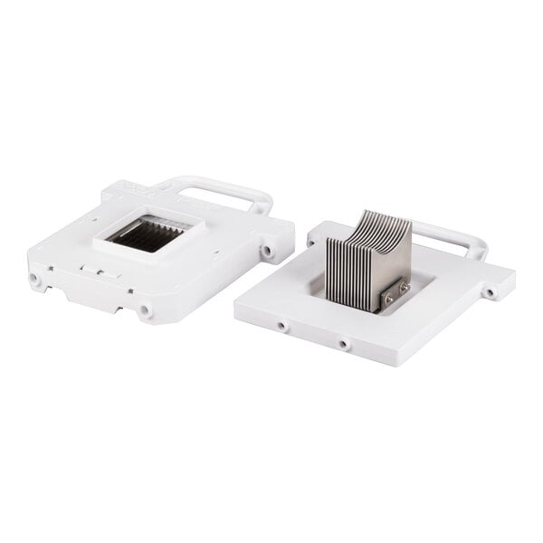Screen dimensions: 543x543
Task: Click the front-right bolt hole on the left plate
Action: [145, 311]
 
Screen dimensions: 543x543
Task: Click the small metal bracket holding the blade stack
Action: [396, 294]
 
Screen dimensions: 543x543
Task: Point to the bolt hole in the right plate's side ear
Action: [490, 293]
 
